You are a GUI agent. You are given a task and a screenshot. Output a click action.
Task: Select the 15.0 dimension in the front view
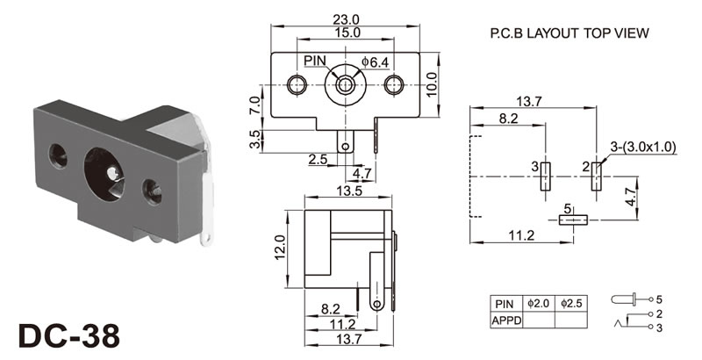tap(349, 32)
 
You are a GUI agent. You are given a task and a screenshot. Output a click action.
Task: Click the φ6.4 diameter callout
tap(374, 61)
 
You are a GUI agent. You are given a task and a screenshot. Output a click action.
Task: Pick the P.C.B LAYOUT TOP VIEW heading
tap(569, 34)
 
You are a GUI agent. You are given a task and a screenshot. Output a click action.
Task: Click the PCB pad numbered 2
tap(596, 176)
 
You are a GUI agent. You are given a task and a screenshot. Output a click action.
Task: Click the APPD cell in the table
tap(507, 320)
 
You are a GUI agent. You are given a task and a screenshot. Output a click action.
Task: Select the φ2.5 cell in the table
tap(573, 304)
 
